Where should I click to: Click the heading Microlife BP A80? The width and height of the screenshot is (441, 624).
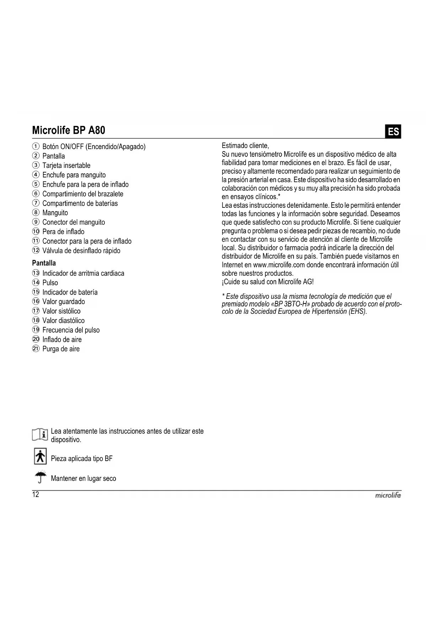click(x=69, y=131)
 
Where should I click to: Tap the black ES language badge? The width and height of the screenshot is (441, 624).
click(x=393, y=132)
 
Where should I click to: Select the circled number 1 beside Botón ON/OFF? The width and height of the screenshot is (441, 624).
click(x=36, y=147)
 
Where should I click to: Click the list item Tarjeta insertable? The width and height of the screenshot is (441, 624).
click(x=66, y=165)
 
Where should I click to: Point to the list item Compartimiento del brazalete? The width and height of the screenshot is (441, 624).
click(x=82, y=194)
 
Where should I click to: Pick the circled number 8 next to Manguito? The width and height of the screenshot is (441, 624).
click(x=36, y=213)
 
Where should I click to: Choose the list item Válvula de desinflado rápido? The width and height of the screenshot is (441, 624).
click(x=81, y=251)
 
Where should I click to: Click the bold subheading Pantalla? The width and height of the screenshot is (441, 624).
click(x=44, y=263)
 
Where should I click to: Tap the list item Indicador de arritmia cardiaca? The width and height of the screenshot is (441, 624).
click(x=83, y=274)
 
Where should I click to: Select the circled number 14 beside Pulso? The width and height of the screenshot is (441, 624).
click(x=36, y=283)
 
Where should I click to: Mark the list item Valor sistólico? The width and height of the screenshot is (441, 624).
click(x=61, y=311)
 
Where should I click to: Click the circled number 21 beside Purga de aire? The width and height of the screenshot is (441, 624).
click(x=36, y=349)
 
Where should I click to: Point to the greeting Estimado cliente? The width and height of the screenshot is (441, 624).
click(x=245, y=146)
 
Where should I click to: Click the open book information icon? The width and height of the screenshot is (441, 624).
click(x=40, y=435)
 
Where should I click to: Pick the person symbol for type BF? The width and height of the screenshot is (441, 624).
click(x=40, y=456)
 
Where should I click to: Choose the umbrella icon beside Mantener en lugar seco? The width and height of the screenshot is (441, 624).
click(x=41, y=477)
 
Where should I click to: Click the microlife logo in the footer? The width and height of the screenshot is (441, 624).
click(x=388, y=495)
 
